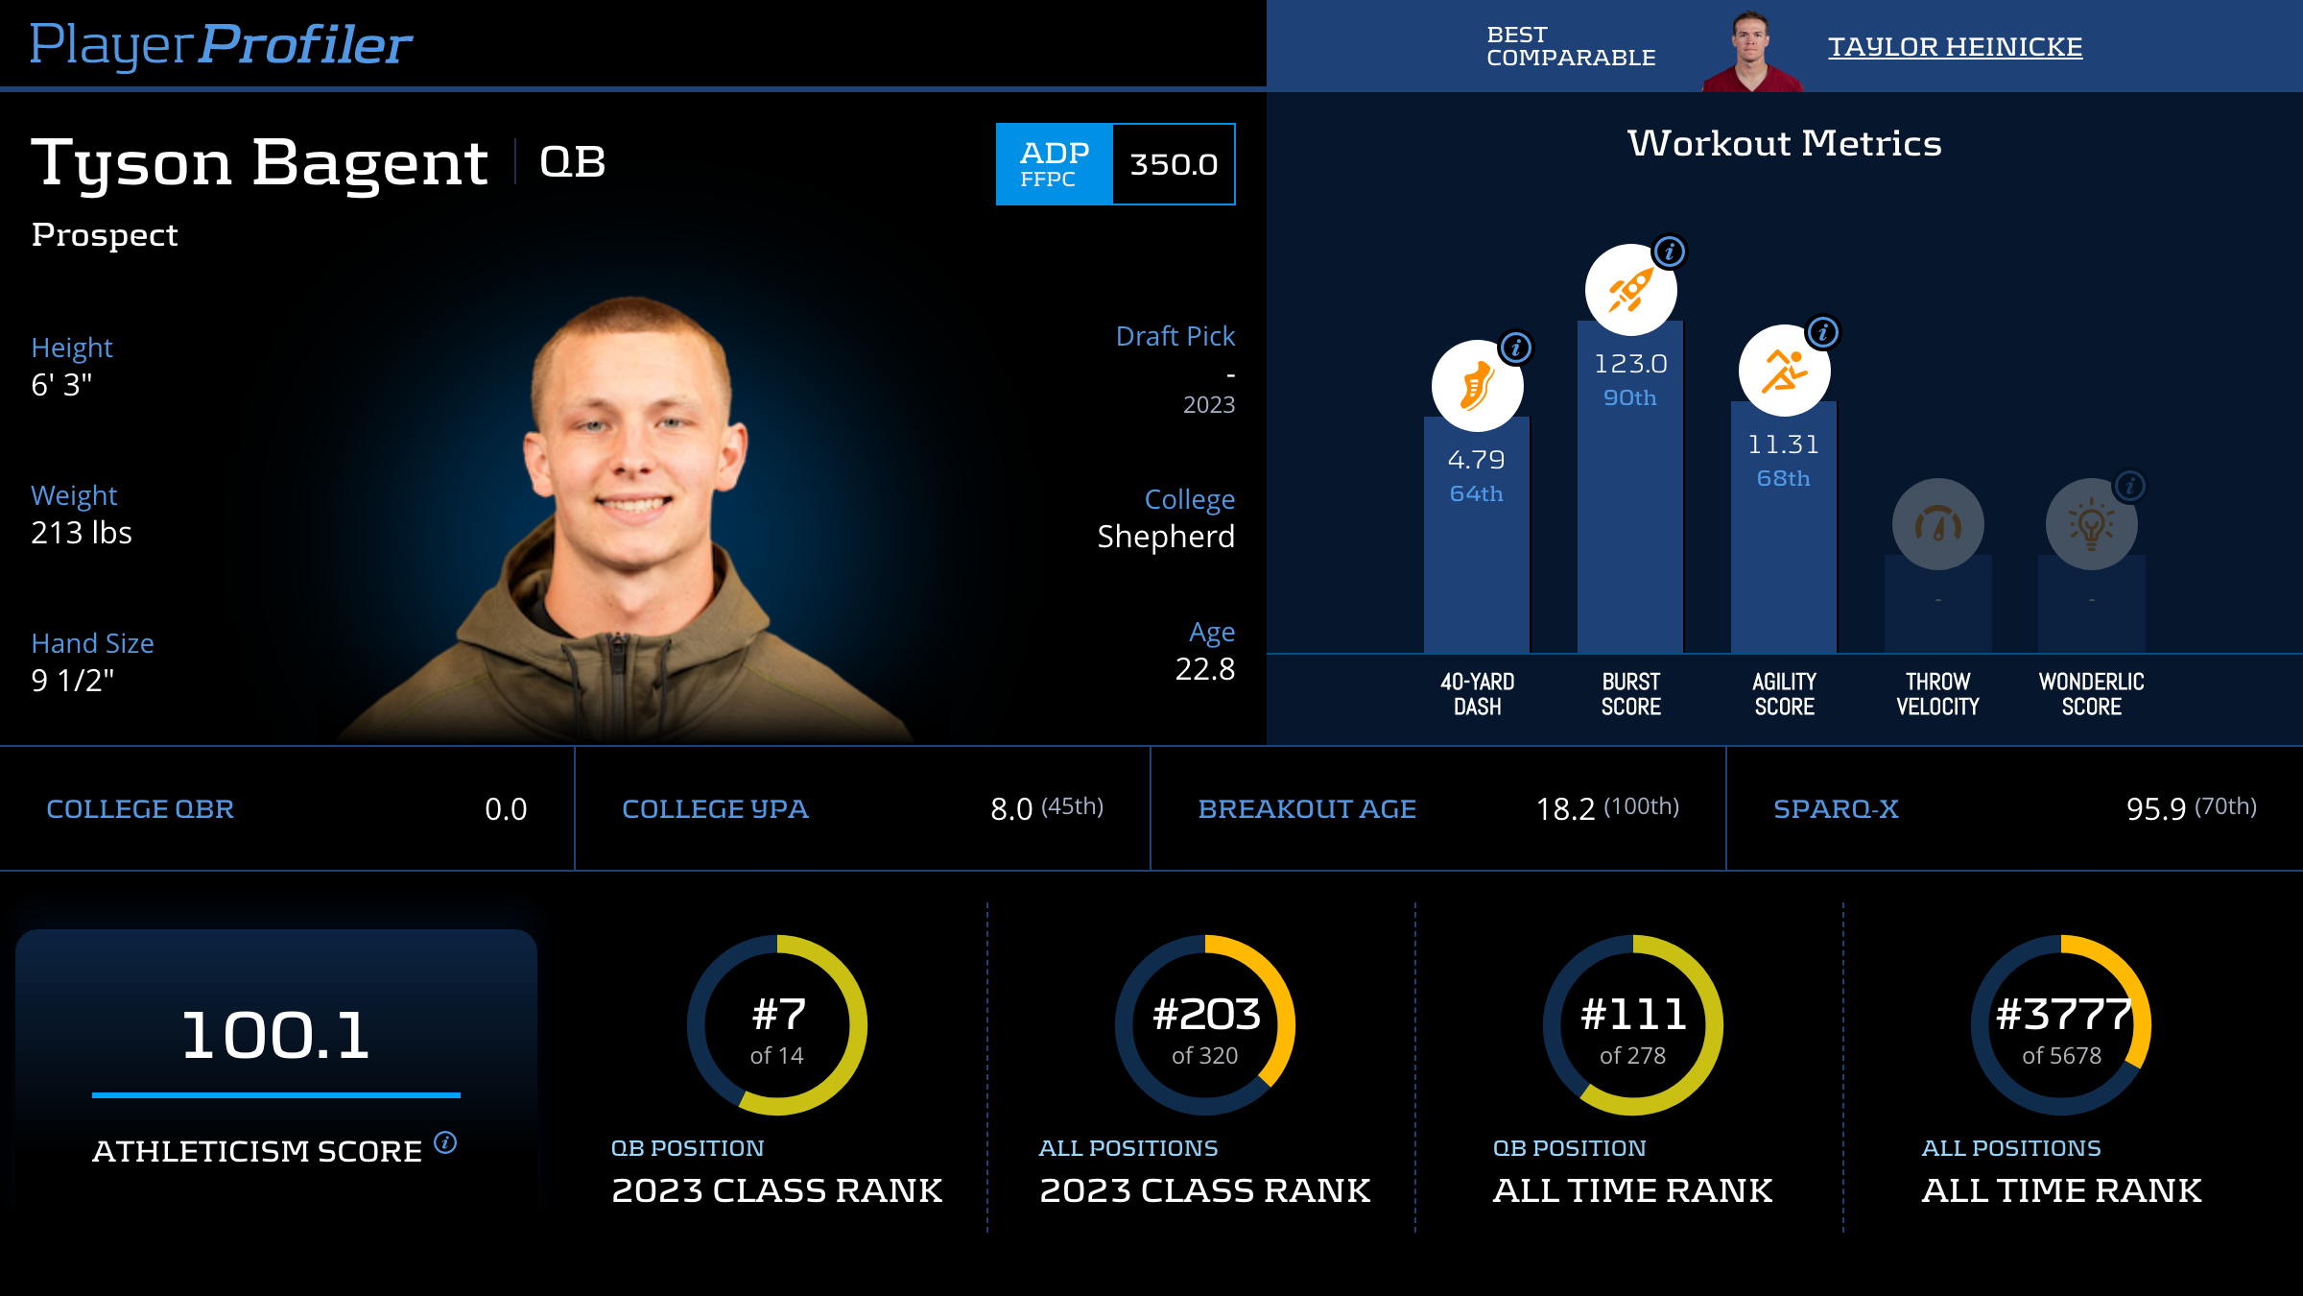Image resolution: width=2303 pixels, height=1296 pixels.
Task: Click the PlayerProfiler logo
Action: tap(221, 44)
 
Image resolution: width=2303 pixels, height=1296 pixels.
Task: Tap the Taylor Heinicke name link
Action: tap(1955, 46)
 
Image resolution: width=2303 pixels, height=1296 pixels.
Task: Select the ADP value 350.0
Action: tap(1173, 164)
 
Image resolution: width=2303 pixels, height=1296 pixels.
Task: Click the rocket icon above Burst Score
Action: tap(1630, 290)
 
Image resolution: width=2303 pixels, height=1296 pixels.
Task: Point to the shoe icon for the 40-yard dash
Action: tap(1477, 386)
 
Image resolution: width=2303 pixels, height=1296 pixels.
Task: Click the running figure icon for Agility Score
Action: tap(1784, 371)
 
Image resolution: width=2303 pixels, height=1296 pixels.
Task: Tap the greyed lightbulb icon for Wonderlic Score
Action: tap(2091, 524)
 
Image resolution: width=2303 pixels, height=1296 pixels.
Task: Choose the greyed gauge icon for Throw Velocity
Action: tap(1937, 524)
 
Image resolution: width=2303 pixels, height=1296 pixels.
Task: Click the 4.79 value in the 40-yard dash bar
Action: tap(1476, 460)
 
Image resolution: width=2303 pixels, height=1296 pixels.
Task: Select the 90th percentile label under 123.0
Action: tap(1629, 397)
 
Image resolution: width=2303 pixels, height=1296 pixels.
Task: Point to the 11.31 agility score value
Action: tap(1783, 444)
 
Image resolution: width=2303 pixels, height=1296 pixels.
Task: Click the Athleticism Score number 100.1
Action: tap(275, 1036)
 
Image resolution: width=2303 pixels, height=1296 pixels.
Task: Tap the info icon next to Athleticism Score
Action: tap(445, 1142)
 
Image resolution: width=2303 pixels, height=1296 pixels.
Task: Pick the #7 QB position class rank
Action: tap(777, 1015)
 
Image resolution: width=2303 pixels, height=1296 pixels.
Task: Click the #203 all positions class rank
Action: tap(1205, 1015)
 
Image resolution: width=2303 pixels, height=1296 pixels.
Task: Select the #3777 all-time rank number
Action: tap(2061, 1015)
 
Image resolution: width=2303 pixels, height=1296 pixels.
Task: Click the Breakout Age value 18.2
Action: tap(1565, 809)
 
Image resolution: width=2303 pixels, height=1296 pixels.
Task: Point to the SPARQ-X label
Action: tap(1836, 809)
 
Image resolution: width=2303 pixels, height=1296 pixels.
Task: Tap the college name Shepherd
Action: tap(1166, 537)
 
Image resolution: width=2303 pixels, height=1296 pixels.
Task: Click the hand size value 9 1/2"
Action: tap(73, 681)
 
